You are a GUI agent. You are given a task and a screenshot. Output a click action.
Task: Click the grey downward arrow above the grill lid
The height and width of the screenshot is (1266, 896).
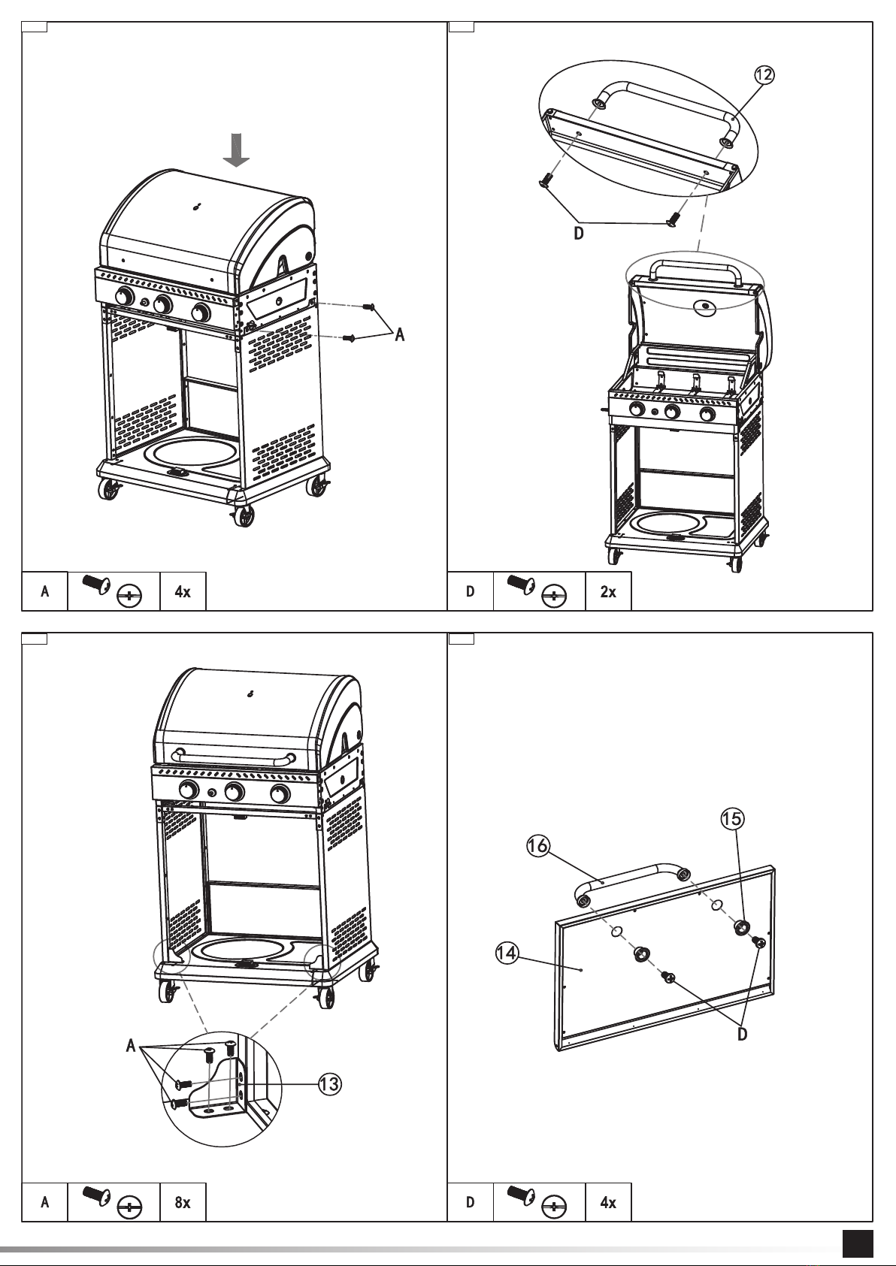238,150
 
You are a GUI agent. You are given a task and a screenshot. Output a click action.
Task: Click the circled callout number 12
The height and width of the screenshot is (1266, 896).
764,74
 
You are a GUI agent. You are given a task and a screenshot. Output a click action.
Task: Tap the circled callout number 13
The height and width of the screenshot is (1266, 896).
329,1083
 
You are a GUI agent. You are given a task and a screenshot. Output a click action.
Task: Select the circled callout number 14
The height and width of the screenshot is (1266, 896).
507,953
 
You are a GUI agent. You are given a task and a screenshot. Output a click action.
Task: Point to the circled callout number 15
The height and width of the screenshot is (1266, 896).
731,819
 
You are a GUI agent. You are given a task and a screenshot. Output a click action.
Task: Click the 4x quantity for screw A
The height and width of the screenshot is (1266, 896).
183,591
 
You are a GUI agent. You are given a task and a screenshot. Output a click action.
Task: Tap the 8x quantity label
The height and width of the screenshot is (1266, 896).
183,1203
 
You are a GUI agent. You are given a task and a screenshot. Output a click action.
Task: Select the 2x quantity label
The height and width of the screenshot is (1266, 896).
607,591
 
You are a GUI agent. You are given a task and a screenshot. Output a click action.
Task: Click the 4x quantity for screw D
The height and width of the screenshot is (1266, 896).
607,1203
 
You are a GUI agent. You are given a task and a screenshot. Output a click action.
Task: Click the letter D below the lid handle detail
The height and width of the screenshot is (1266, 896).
579,234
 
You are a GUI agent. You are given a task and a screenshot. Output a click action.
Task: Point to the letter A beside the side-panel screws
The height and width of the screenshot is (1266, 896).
400,335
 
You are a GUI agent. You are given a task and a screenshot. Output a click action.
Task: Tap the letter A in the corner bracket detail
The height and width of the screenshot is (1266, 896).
132,1045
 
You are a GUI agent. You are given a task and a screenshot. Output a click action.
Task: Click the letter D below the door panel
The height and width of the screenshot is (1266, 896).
743,1035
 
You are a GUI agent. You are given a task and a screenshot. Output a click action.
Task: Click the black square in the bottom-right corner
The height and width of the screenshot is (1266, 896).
858,1243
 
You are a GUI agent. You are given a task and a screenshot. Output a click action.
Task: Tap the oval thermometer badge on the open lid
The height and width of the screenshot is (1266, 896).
705,307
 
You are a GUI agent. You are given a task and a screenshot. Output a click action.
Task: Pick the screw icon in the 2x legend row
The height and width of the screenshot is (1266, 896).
520,583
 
